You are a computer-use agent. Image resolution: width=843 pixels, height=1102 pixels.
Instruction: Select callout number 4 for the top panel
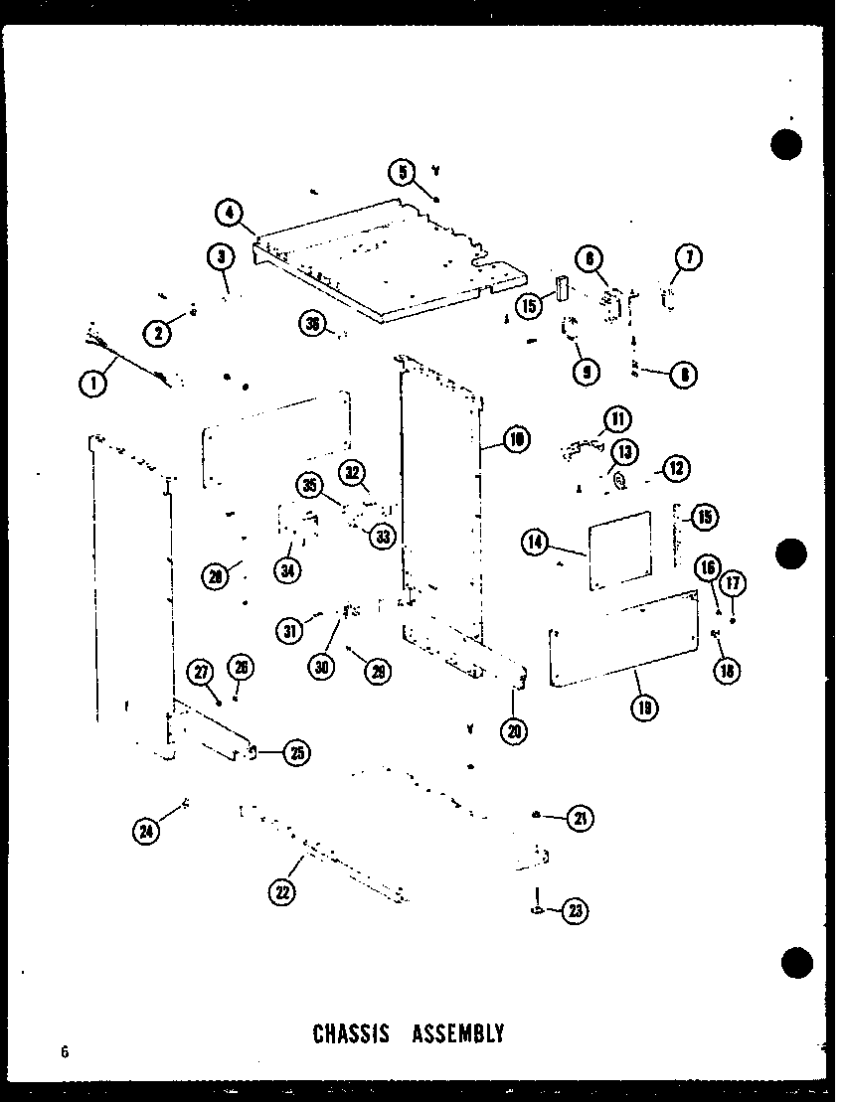click(x=229, y=212)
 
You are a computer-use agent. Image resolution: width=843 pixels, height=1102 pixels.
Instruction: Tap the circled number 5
click(x=403, y=172)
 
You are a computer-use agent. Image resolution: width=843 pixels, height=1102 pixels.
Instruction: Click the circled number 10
click(x=516, y=439)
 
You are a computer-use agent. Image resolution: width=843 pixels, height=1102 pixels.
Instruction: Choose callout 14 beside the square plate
click(x=535, y=542)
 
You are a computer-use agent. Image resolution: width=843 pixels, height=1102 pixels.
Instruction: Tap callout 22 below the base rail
click(x=282, y=891)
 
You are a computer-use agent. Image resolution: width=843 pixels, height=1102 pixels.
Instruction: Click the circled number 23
click(x=575, y=910)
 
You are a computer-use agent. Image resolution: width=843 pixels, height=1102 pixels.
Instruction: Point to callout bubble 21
click(x=580, y=819)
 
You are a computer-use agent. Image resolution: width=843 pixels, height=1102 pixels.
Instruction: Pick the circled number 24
click(x=147, y=830)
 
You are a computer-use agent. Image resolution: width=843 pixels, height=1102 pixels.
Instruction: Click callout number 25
click(x=295, y=752)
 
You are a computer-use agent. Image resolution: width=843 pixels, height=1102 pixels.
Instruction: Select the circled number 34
click(x=288, y=571)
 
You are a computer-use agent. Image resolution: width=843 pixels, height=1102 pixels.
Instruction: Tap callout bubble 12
click(x=676, y=468)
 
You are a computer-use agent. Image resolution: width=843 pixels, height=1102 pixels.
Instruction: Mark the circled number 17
click(x=733, y=584)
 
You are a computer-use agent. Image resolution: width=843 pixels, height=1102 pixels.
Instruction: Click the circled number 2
click(x=156, y=334)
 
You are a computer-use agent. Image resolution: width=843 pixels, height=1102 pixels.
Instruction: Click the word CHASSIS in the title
click(x=350, y=1033)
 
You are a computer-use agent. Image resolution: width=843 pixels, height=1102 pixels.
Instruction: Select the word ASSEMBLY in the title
click(x=458, y=1033)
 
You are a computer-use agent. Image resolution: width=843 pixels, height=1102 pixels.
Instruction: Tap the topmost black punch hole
click(x=786, y=144)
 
